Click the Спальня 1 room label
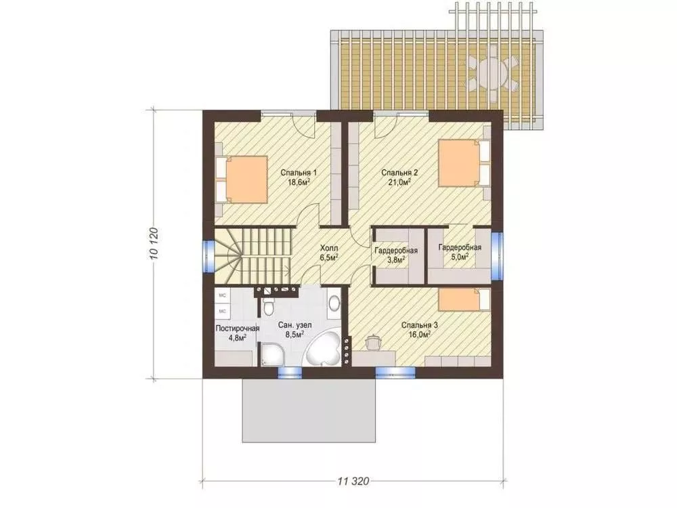coord(299,173)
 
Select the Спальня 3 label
coord(420,325)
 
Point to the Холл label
coord(329,249)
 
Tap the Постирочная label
coord(238,329)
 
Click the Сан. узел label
coord(295,325)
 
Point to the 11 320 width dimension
coord(353,481)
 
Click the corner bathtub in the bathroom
coord(323,350)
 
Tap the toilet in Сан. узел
coord(267,305)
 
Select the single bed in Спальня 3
coord(464,300)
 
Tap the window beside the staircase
coord(209,257)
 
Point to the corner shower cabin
coord(271,354)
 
